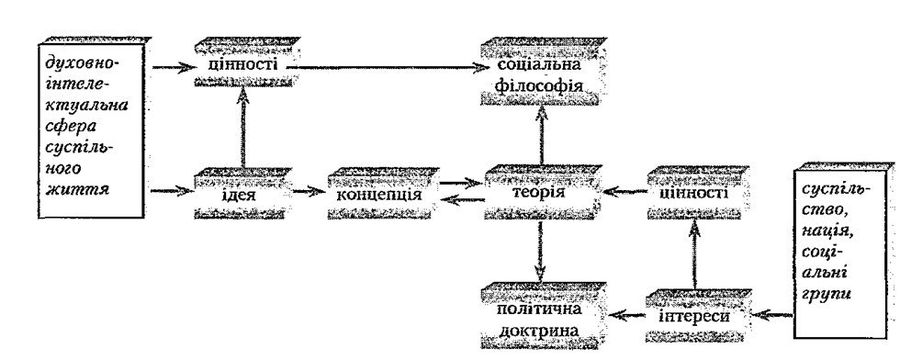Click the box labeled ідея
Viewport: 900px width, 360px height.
[x=242, y=194]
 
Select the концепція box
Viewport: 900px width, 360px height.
[x=383, y=194]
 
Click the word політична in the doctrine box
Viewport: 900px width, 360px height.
[x=541, y=309]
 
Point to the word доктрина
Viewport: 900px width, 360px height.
[x=541, y=332]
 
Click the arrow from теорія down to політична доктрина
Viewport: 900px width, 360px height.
[x=540, y=251]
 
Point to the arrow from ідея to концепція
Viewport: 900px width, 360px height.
[x=309, y=190]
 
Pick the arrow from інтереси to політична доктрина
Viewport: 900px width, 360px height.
[x=625, y=315]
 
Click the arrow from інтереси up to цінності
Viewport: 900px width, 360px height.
[x=694, y=254]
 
